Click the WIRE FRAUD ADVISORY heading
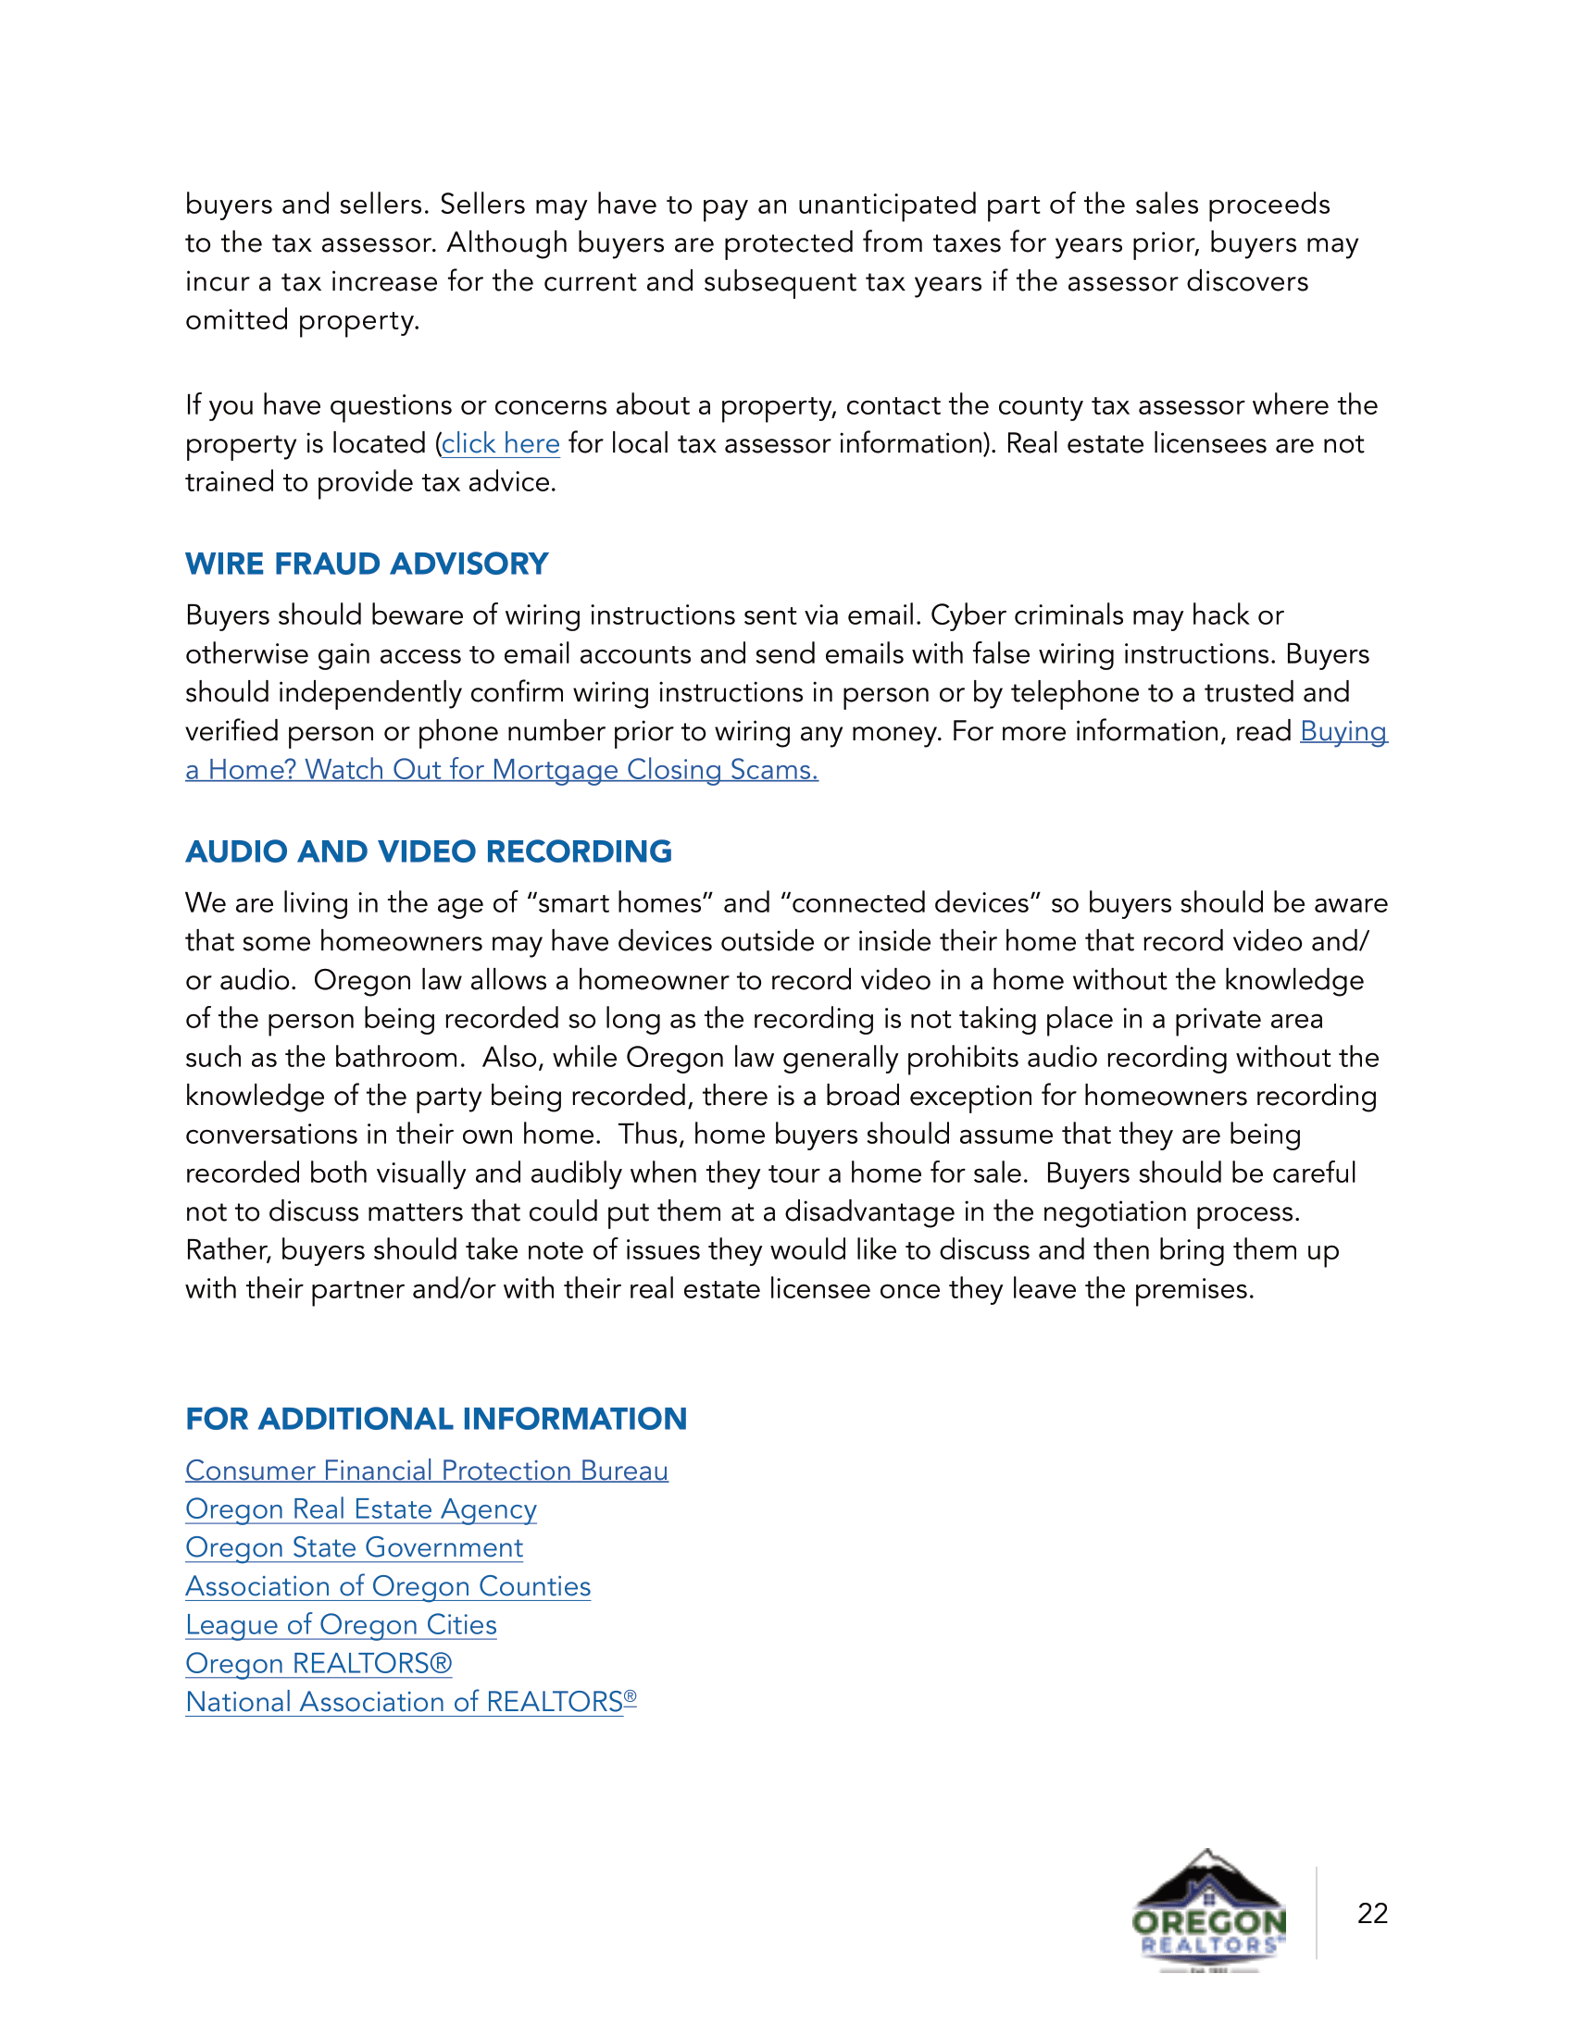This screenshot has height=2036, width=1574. coord(367,564)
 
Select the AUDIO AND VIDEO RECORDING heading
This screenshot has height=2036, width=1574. coord(428,851)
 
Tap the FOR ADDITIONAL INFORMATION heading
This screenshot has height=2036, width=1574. coord(435,1419)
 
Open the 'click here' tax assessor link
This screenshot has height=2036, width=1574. coord(501,443)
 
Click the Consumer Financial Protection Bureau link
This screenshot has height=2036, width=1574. coord(426,1471)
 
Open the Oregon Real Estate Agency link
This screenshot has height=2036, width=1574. coord(361,1508)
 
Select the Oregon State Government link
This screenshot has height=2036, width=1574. coord(354,1547)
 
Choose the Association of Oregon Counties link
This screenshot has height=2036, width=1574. coord(388,1585)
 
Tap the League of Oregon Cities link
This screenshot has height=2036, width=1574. coord(341,1625)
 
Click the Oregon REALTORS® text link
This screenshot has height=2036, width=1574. coord(318,1663)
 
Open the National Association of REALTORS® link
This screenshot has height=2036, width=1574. coord(410,1702)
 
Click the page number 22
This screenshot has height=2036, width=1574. coord(1372,1913)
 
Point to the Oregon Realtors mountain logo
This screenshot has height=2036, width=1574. coord(1208,1911)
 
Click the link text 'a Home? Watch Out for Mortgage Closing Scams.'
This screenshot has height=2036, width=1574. coord(502,770)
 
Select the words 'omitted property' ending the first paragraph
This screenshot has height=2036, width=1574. coord(301,321)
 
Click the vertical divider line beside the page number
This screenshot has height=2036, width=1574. coord(1317,1913)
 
